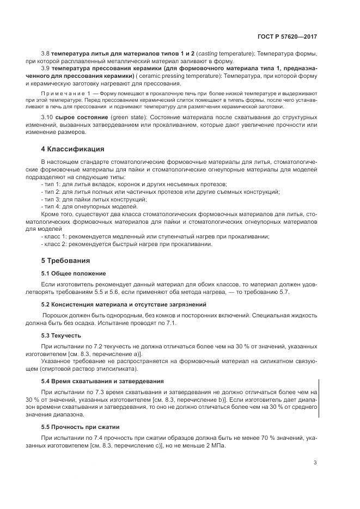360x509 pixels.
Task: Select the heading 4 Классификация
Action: click(x=72, y=149)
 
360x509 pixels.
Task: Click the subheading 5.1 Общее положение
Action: click(x=74, y=273)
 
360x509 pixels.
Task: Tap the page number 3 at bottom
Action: click(x=315, y=463)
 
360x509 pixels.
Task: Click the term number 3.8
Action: click(x=45, y=54)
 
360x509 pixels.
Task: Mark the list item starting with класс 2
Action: click(x=134, y=244)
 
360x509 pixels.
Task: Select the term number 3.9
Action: click(x=45, y=69)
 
